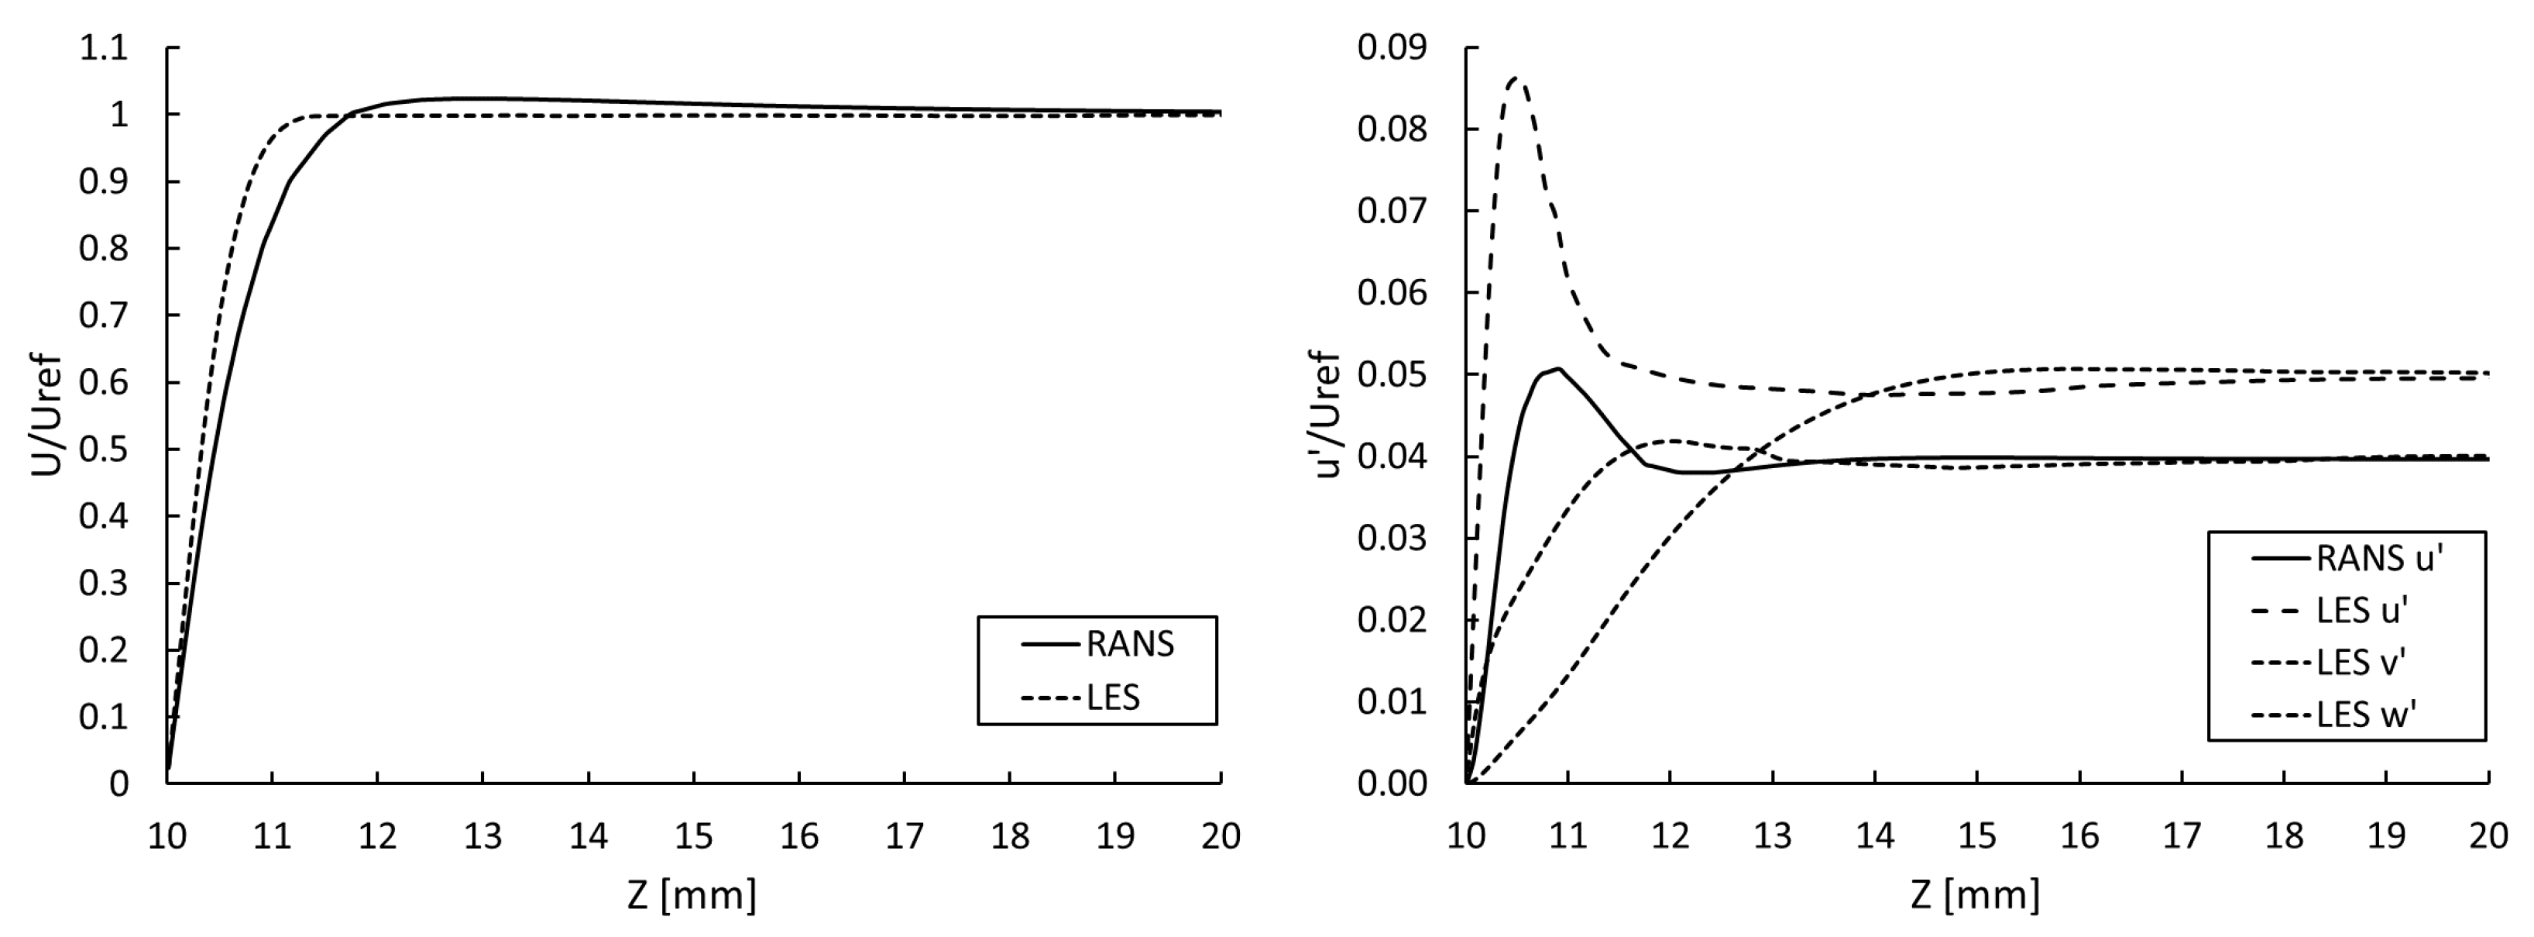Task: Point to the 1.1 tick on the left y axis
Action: (105, 47)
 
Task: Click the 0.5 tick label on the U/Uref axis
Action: (105, 450)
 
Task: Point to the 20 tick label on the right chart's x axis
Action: (2488, 836)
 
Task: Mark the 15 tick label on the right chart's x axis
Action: (1976, 836)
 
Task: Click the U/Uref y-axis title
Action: (46, 415)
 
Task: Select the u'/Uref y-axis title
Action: (1328, 413)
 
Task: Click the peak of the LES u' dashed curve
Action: (1516, 78)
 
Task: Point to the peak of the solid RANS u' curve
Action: (1559, 369)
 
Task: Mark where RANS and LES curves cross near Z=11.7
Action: (349, 116)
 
